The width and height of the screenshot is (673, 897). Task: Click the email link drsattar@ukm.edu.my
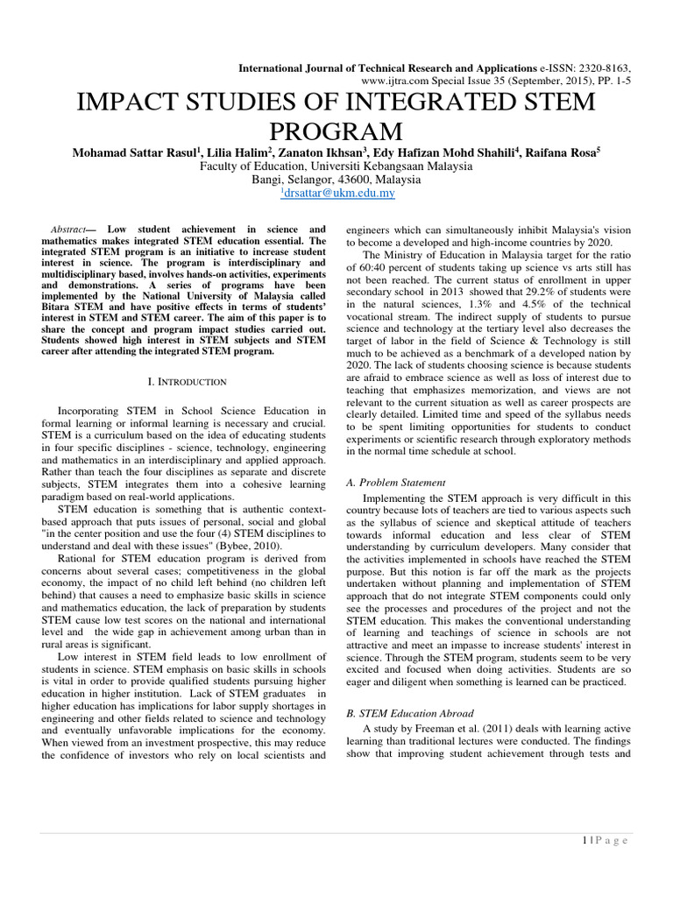[336, 194]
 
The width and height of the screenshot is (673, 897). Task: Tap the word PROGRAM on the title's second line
[336, 133]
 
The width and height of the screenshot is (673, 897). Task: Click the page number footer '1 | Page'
[605, 841]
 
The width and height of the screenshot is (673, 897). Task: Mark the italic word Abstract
[70, 227]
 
